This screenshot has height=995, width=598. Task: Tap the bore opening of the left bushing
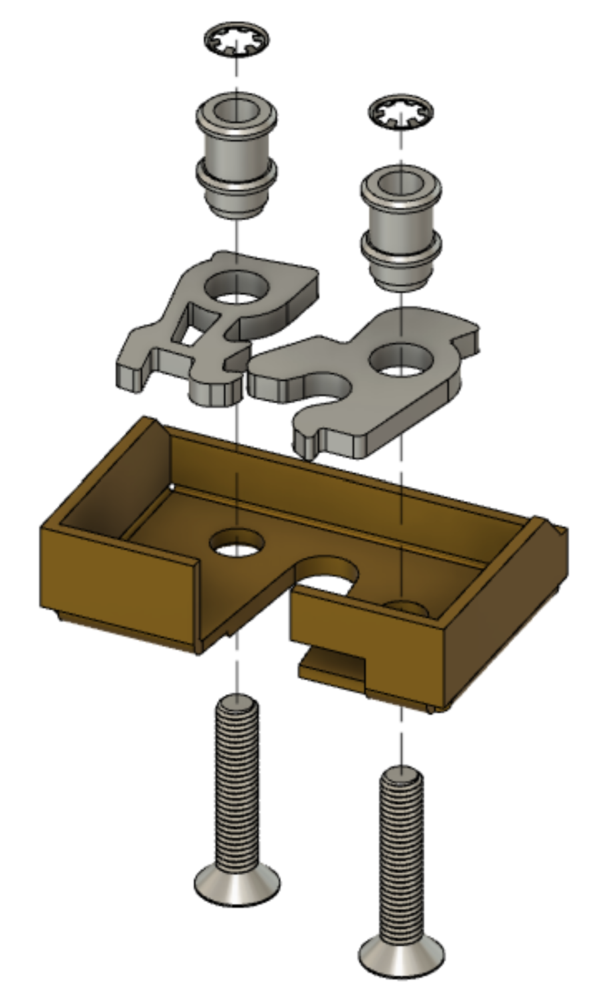pos(237,109)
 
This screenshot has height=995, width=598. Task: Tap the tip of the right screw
pos(401,775)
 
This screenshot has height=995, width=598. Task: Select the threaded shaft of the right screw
pos(401,859)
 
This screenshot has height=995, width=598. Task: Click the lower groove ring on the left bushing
pos(236,178)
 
